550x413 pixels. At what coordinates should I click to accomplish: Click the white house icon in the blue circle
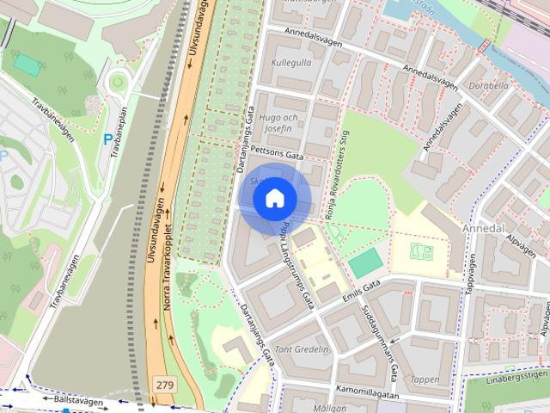click(274, 198)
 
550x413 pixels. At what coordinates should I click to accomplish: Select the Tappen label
click(425, 379)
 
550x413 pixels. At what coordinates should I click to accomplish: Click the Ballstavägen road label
click(77, 401)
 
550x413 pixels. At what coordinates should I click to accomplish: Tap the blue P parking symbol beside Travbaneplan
click(107, 139)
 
